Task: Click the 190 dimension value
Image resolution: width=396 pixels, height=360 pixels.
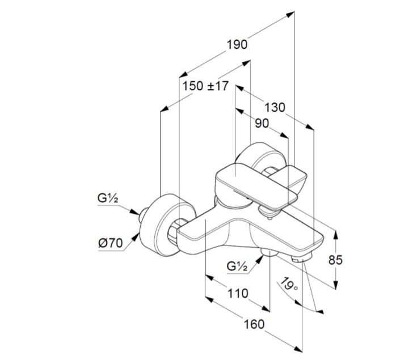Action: click(x=238, y=44)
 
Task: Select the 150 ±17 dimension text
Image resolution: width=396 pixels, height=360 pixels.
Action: click(x=205, y=86)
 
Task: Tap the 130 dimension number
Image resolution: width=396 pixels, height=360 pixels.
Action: click(x=275, y=107)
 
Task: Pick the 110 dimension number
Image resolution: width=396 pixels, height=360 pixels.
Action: click(x=237, y=294)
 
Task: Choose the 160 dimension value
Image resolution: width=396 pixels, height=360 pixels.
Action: click(x=255, y=324)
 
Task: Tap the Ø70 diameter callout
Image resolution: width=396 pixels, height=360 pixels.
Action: click(x=111, y=243)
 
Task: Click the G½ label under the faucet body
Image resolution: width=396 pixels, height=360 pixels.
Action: click(x=237, y=266)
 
